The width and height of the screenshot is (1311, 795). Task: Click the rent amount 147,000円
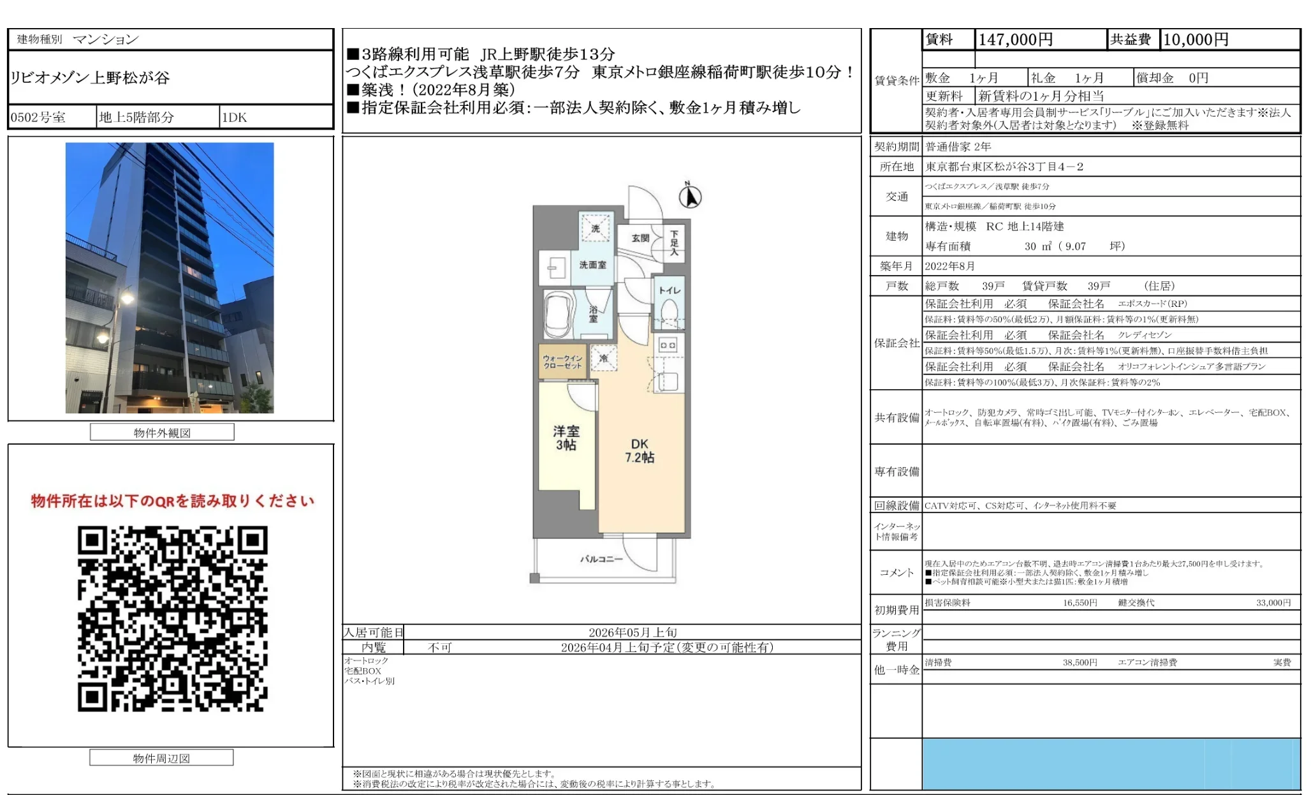coord(1015,40)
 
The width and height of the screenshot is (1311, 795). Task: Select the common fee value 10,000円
coord(1196,40)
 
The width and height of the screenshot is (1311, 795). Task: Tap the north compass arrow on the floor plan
coord(690,197)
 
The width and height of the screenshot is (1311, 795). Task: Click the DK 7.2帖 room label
coord(640,450)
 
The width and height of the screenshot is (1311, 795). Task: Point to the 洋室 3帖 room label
coord(566,438)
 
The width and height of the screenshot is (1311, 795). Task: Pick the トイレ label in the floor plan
coord(670,290)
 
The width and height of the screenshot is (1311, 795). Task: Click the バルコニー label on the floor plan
coord(601,559)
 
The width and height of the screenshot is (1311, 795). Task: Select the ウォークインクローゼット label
coord(562,362)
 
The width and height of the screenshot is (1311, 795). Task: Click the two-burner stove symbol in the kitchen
coord(668,345)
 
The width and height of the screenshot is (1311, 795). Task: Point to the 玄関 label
coord(640,238)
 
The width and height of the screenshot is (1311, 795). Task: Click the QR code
coord(172,618)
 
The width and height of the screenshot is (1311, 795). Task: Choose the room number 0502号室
coord(38,117)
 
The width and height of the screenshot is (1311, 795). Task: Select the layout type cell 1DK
coord(235,117)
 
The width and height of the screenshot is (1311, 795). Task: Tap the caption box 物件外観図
coord(162,433)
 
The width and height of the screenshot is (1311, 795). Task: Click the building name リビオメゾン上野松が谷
coord(90,78)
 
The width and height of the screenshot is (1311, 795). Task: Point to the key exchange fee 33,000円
coord(1273,602)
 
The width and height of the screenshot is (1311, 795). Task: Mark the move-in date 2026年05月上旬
coord(633,632)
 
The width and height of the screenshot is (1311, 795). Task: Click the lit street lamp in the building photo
coord(127,297)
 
